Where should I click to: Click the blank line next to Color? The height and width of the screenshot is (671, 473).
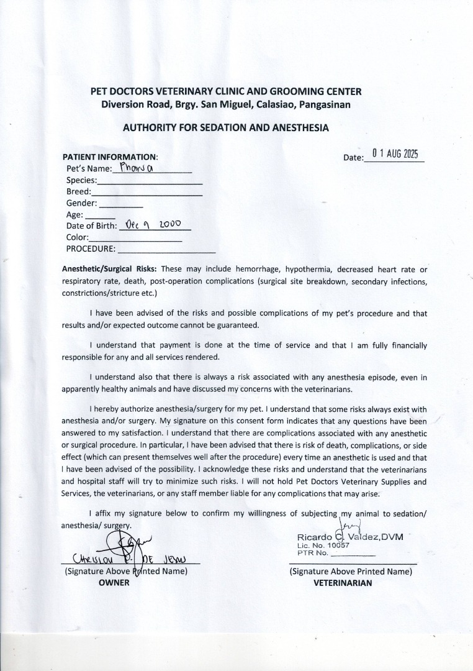pyautogui.click(x=135, y=240)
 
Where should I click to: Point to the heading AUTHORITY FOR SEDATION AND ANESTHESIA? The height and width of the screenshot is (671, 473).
pyautogui.click(x=225, y=127)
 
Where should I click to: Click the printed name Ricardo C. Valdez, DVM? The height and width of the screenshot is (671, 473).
pyautogui.click(x=350, y=536)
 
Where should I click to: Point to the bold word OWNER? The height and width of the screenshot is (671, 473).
pyautogui.click(x=114, y=582)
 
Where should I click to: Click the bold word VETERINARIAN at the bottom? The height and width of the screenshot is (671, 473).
pyautogui.click(x=343, y=583)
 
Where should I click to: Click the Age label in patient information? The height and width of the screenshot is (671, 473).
pyautogui.click(x=74, y=214)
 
